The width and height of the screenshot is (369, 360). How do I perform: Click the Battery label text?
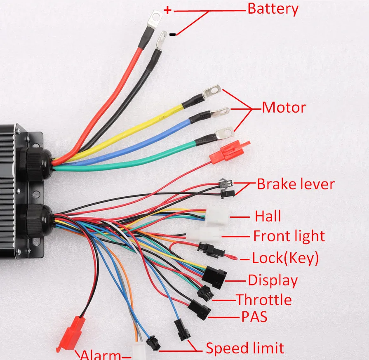pyautogui.click(x=273, y=9)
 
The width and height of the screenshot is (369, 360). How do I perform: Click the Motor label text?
pyautogui.click(x=284, y=108)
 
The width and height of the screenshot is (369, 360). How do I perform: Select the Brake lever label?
pyautogui.click(x=295, y=184)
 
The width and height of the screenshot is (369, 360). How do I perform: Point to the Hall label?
pyautogui.click(x=268, y=216)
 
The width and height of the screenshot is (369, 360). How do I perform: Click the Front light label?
pyautogui.click(x=289, y=236)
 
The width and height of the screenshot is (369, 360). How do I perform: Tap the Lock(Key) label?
pyautogui.click(x=285, y=258)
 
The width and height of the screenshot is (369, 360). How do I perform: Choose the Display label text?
pyautogui.click(x=273, y=280)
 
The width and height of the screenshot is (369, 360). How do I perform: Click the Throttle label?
pyautogui.click(x=263, y=299)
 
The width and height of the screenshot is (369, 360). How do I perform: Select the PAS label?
pyautogui.click(x=254, y=317)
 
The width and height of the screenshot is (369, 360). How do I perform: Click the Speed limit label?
pyautogui.click(x=245, y=348)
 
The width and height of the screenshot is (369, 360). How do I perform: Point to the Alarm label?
pyautogui.click(x=101, y=355)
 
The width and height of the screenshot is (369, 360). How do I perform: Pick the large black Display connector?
pyautogui.click(x=214, y=275)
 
